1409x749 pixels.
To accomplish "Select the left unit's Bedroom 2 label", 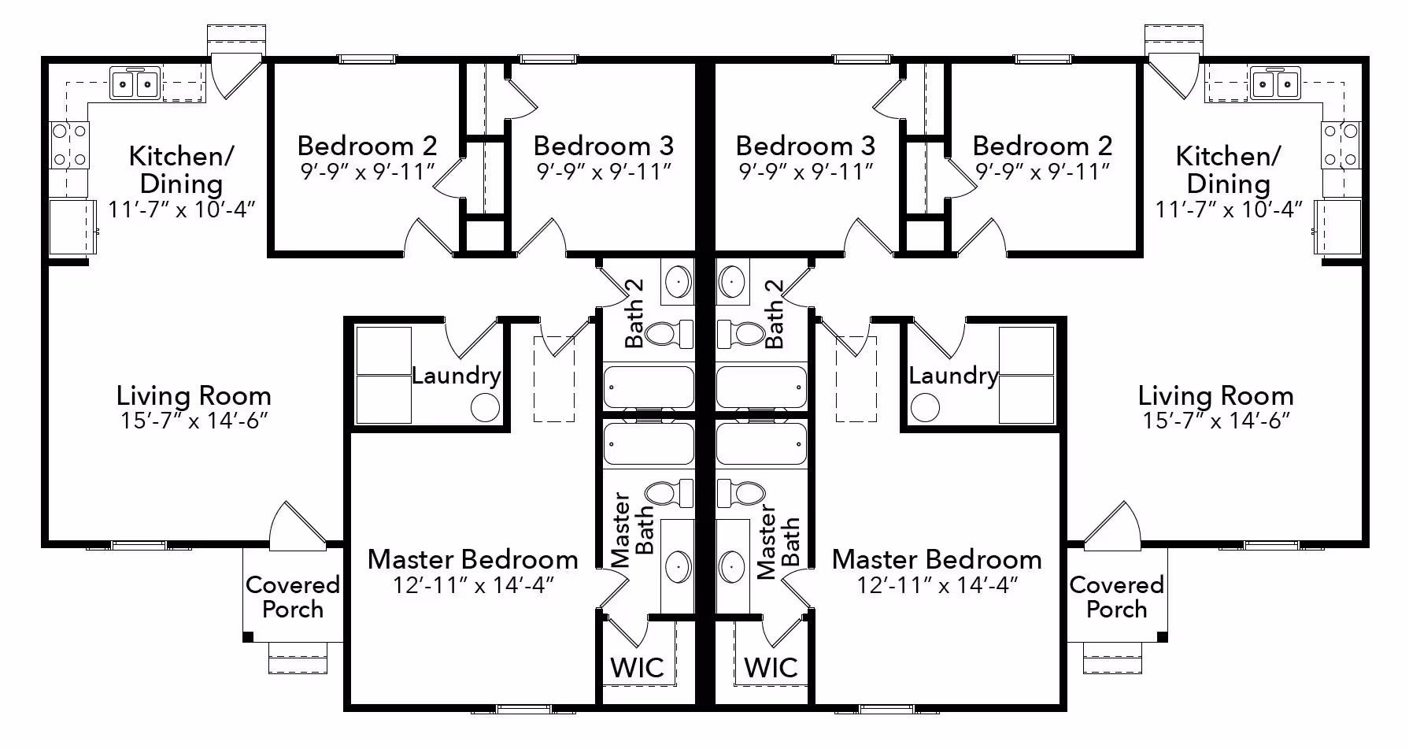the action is pyautogui.click(x=367, y=146).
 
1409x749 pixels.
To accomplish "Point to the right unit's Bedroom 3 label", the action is pyautogui.click(x=805, y=146).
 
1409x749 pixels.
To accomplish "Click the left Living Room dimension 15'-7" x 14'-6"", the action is pyautogui.click(x=194, y=421).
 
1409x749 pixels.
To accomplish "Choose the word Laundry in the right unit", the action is pyautogui.click(x=953, y=376).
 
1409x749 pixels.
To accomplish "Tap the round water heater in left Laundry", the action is pyautogui.click(x=485, y=408).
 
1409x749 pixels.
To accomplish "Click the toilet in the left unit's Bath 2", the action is pyautogui.click(x=668, y=334).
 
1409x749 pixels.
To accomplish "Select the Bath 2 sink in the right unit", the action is pyautogui.click(x=732, y=281).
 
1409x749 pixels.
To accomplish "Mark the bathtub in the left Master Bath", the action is pyautogui.click(x=649, y=444).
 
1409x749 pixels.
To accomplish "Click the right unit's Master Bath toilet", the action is pyautogui.click(x=741, y=493).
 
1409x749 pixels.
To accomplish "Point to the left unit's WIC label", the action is pyautogui.click(x=637, y=668).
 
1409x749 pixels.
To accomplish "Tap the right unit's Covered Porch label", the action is pyautogui.click(x=1116, y=597).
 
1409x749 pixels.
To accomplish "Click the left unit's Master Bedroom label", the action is pyautogui.click(x=473, y=559).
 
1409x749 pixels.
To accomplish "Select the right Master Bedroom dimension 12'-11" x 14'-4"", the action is pyautogui.click(x=937, y=585).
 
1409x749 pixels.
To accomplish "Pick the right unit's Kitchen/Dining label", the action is pyautogui.click(x=1228, y=170).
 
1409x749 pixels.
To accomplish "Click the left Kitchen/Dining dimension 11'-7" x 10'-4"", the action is pyautogui.click(x=182, y=209).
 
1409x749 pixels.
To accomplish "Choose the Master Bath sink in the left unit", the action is pyautogui.click(x=678, y=566).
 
